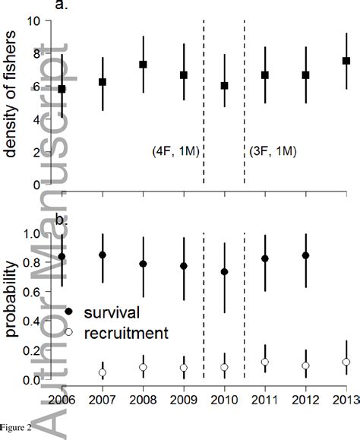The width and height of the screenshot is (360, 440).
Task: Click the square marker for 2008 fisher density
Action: point(143,65)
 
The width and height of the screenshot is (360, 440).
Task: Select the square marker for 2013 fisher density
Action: point(346,61)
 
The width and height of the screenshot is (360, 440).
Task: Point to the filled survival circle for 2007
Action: point(103,255)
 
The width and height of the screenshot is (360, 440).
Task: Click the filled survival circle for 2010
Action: point(224,272)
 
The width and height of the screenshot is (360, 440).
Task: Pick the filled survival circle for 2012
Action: point(305,255)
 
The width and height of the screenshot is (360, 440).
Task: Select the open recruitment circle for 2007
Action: point(103,372)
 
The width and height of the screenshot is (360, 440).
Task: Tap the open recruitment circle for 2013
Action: point(346,362)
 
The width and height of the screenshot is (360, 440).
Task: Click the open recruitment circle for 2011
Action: point(264,362)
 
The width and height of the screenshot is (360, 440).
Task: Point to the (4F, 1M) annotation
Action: point(175,152)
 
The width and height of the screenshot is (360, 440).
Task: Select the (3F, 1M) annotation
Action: point(273,152)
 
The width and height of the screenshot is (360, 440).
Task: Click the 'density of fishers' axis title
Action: point(13,103)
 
